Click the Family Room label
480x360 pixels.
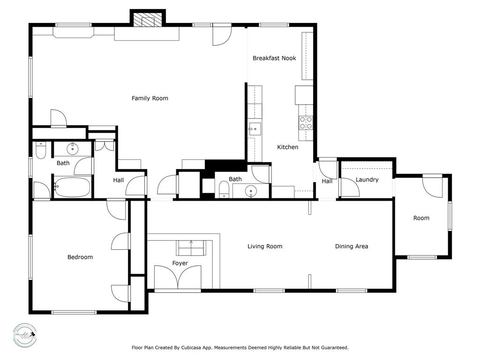(150, 98)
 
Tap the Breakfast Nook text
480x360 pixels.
(274, 58)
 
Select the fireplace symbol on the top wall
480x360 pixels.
(147, 20)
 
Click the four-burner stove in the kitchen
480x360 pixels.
(306, 123)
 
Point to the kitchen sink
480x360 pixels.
(255, 128)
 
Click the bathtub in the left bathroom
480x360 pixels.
(72, 187)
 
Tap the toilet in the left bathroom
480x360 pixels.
(41, 150)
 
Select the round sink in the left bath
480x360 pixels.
(73, 150)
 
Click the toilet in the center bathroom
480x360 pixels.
(224, 190)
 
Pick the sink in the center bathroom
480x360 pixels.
(252, 191)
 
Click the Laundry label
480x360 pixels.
(367, 180)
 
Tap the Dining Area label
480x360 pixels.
(351, 246)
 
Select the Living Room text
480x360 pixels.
(265, 246)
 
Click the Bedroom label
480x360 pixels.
(80, 257)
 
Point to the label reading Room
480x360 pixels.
(421, 218)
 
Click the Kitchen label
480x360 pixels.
(287, 147)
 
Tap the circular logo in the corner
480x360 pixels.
(24, 335)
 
